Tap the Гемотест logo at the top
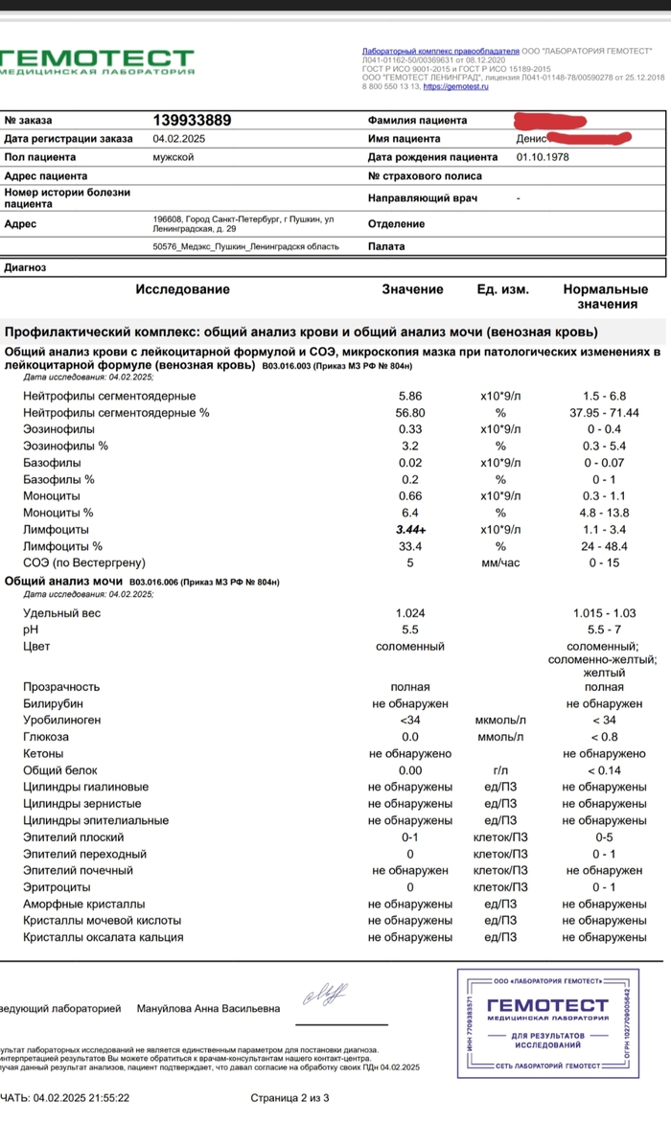pyautogui.click(x=96, y=61)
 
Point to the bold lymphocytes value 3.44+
pyautogui.click(x=409, y=530)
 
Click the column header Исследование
pyautogui.click(x=182, y=289)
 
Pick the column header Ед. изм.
pyautogui.click(x=502, y=289)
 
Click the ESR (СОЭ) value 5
pyautogui.click(x=409, y=563)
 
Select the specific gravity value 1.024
pyautogui.click(x=409, y=613)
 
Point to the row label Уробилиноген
pyautogui.click(x=61, y=720)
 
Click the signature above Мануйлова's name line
pyautogui.click(x=327, y=994)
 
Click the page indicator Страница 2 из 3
pyautogui.click(x=290, y=1098)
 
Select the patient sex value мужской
pyautogui.click(x=174, y=157)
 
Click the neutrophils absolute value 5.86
pyautogui.click(x=409, y=397)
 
